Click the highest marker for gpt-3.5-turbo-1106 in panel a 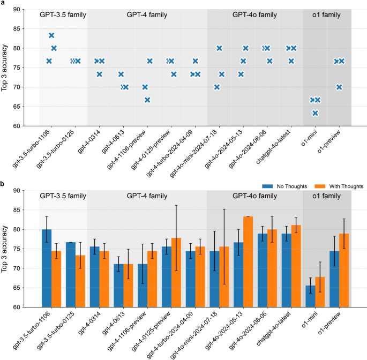tap(51, 35)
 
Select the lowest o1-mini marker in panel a tap(315, 113)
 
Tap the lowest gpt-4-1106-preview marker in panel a tap(147, 100)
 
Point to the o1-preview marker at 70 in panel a tap(339, 87)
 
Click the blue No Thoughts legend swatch tap(267, 186)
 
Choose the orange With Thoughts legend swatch tap(320, 186)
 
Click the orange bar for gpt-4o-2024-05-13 tap(248, 261)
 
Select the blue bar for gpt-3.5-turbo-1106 tap(47, 268)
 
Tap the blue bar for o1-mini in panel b tap(310, 296)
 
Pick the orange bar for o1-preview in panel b tap(344, 271)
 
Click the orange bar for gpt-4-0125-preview tap(176, 273)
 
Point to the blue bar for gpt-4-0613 tap(118, 286)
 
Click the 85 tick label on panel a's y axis tap(17, 29)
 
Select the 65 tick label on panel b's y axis tap(17, 288)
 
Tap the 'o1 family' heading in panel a tap(326, 15)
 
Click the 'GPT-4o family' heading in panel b tap(254, 196)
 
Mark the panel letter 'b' tap(2, 184)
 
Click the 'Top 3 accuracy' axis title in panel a tap(4, 68)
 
